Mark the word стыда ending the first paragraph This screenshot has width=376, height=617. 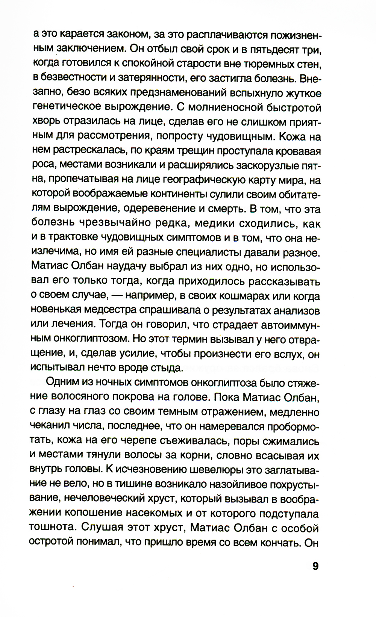(167, 367)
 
